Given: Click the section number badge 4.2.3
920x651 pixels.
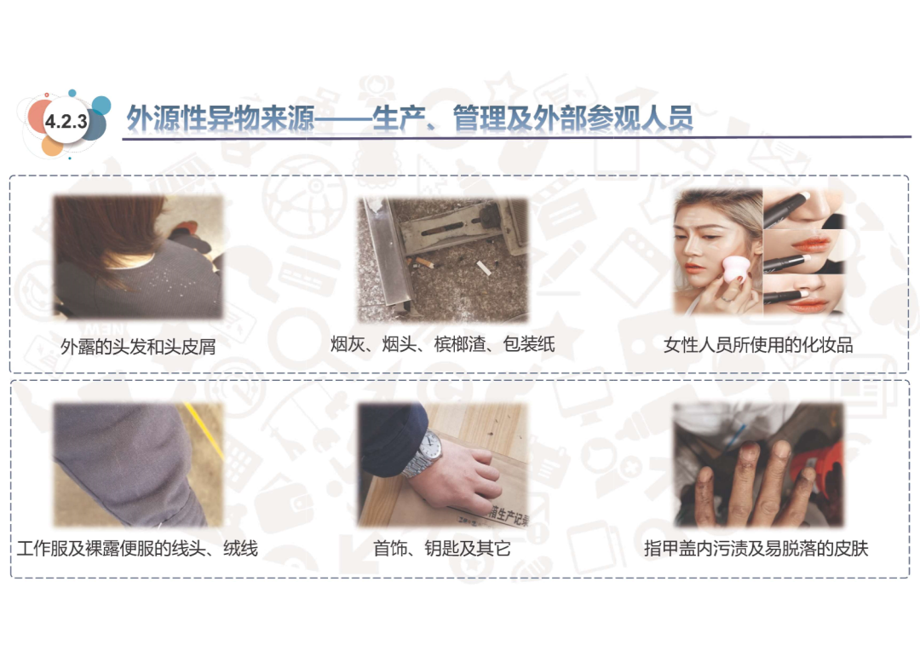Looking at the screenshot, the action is click(x=66, y=122).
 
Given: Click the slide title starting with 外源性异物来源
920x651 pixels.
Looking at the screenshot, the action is click(x=410, y=118).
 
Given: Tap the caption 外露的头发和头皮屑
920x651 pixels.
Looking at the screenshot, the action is click(x=138, y=346).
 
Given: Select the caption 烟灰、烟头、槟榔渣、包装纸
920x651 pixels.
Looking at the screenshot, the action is click(x=442, y=344).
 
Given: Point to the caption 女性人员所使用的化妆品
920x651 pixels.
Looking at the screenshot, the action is click(x=758, y=345).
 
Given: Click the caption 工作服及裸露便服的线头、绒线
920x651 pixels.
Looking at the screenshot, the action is click(x=137, y=548).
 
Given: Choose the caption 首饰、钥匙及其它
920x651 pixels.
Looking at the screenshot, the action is click(x=442, y=548).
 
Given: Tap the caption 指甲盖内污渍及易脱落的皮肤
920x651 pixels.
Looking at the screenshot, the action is click(x=756, y=548).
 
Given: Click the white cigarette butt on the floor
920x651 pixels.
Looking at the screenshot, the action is click(x=483, y=268).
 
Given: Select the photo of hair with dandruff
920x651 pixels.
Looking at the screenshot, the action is click(x=138, y=257).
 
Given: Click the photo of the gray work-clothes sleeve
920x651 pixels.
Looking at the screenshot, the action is click(x=138, y=464).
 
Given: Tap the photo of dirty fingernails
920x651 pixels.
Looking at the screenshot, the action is click(x=758, y=464).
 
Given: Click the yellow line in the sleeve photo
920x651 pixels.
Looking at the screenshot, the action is click(x=203, y=429).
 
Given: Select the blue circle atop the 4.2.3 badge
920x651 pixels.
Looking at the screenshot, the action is click(x=101, y=105).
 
